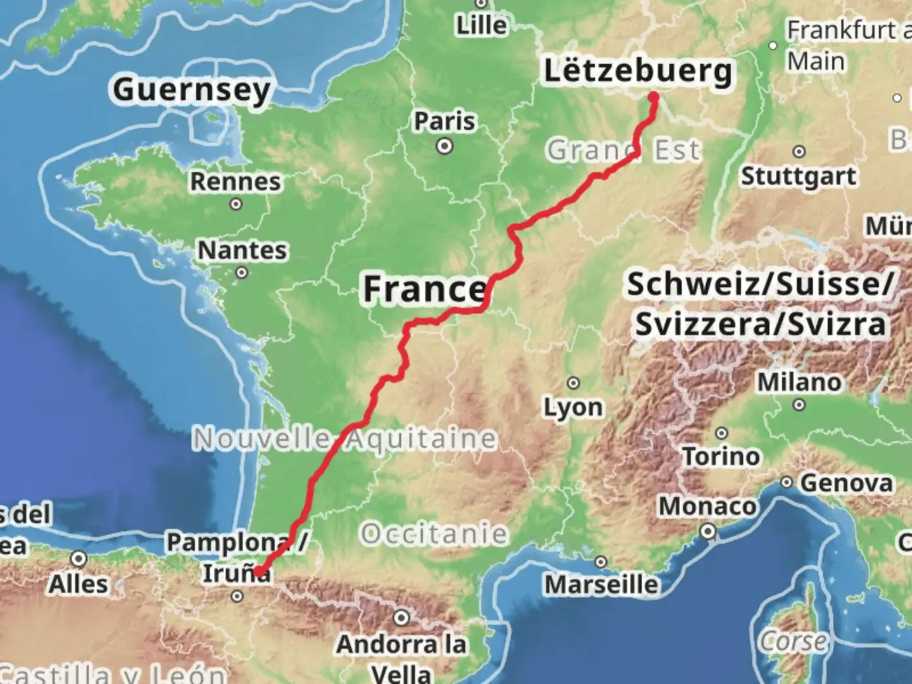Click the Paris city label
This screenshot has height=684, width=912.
pyautogui.click(x=444, y=120)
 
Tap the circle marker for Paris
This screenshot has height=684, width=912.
pyautogui.click(x=445, y=147)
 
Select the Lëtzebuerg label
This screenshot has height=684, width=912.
pyautogui.click(x=638, y=71)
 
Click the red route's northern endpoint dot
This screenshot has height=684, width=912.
pyautogui.click(x=654, y=98)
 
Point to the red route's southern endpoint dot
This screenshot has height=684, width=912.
pyautogui.click(x=259, y=572)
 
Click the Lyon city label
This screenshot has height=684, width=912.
pyautogui.click(x=573, y=407)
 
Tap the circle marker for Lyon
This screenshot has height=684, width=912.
pyautogui.click(x=573, y=383)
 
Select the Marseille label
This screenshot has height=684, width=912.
pyautogui.click(x=602, y=584)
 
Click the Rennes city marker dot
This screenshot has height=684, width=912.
pyautogui.click(x=236, y=204)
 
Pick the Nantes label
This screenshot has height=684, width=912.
pyautogui.click(x=242, y=250)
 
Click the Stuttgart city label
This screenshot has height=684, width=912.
pyautogui.click(x=799, y=176)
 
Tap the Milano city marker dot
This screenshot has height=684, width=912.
pyautogui.click(x=799, y=405)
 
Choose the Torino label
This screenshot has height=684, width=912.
pyautogui.click(x=721, y=456)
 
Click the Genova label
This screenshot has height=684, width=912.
pyautogui.click(x=846, y=483)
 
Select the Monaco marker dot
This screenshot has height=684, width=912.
pyautogui.click(x=709, y=531)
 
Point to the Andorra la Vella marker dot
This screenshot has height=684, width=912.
pyautogui.click(x=402, y=617)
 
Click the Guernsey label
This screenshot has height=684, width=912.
pyautogui.click(x=192, y=90)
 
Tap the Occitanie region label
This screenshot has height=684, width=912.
pyautogui.click(x=434, y=534)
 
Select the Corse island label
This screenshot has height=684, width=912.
pyautogui.click(x=794, y=641)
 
